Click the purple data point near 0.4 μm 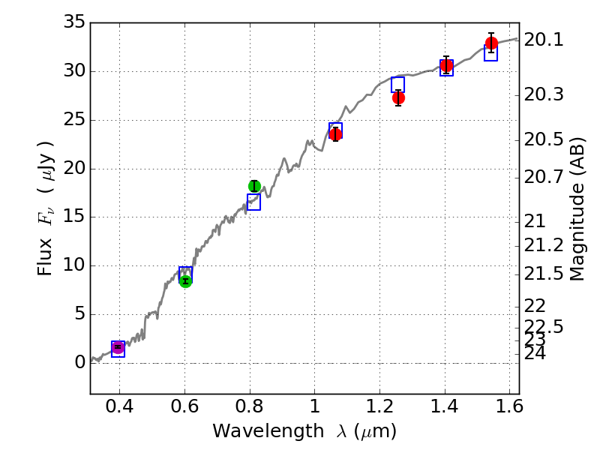118,347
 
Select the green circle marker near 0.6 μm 185,280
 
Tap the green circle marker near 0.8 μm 254,186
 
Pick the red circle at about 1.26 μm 398,97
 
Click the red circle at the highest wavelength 491,43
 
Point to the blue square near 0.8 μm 253,202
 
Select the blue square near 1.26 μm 397,84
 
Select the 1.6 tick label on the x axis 509,408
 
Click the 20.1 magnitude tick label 543,40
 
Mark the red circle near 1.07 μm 335,134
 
